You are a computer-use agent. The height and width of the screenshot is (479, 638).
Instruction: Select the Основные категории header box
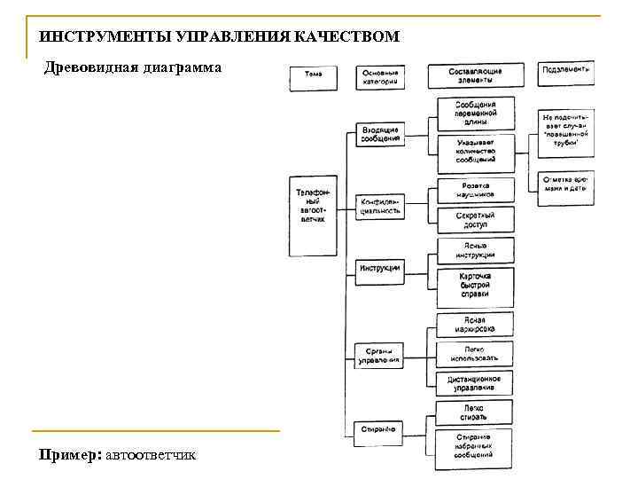click(x=381, y=76)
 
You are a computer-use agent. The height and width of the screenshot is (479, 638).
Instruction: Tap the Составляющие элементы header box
click(x=475, y=75)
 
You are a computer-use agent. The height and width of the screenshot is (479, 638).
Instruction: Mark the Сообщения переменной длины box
click(x=475, y=114)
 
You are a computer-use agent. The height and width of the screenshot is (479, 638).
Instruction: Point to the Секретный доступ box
click(x=475, y=220)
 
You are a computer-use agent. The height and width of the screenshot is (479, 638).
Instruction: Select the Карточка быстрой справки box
click(x=475, y=287)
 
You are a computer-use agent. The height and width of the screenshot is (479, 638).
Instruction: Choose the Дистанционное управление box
click(x=475, y=382)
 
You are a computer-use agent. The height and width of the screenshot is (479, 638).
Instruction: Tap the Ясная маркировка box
click(x=475, y=323)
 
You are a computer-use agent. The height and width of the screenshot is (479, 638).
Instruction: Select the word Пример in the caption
click(x=68, y=455)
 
